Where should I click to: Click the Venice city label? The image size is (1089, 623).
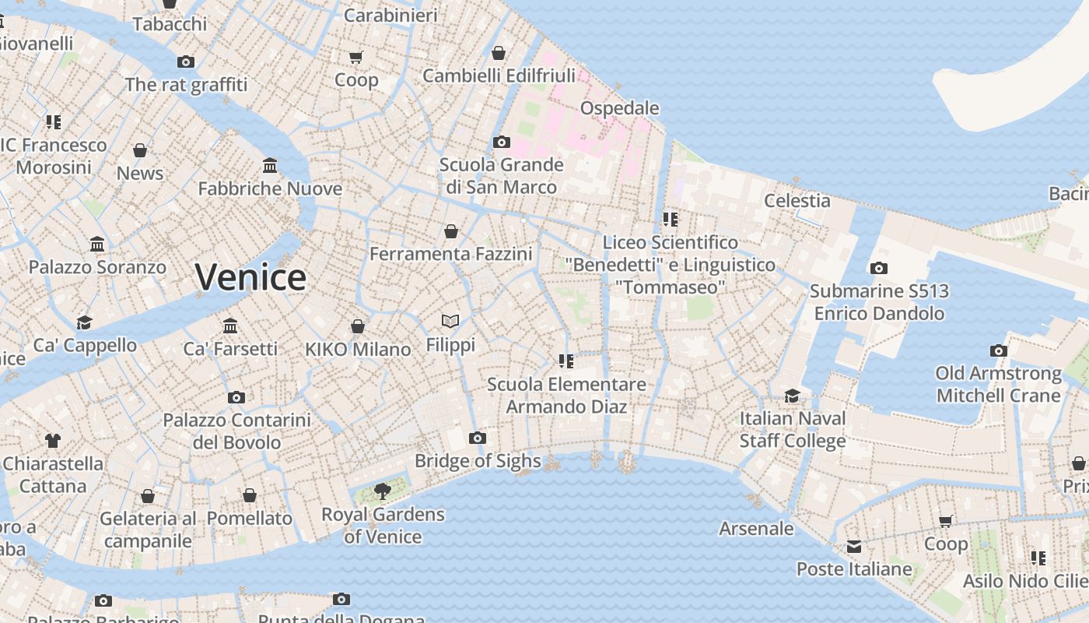click(x=250, y=277)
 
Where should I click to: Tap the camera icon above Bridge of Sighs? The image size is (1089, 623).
click(x=478, y=438)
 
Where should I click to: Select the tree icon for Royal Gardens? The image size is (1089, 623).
click(x=382, y=491)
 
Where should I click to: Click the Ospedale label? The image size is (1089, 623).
click(x=620, y=108)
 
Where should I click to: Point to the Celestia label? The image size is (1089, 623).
click(x=797, y=200)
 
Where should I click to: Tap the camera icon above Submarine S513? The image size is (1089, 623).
click(x=878, y=269)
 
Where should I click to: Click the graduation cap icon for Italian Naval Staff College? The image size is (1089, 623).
click(x=792, y=396)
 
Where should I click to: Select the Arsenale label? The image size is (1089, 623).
click(x=756, y=529)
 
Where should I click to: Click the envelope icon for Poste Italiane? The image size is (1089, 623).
click(x=854, y=547)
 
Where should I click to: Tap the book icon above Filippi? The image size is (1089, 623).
click(x=450, y=321)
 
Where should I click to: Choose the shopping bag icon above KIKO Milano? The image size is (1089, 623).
click(x=358, y=326)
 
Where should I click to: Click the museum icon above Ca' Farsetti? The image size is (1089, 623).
click(x=230, y=326)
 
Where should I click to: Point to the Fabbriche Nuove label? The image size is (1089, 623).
click(x=270, y=188)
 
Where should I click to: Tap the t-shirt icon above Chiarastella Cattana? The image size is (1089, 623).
click(x=52, y=441)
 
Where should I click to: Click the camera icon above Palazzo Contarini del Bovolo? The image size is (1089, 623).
click(x=236, y=398)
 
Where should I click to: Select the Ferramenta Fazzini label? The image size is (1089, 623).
click(x=451, y=254)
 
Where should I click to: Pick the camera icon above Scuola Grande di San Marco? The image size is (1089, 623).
click(x=502, y=143)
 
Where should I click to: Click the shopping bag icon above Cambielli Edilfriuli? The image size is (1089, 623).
click(x=499, y=53)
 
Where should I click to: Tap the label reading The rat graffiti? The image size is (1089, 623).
click(x=186, y=84)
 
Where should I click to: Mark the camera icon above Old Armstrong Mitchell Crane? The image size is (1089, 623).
click(x=999, y=351)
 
